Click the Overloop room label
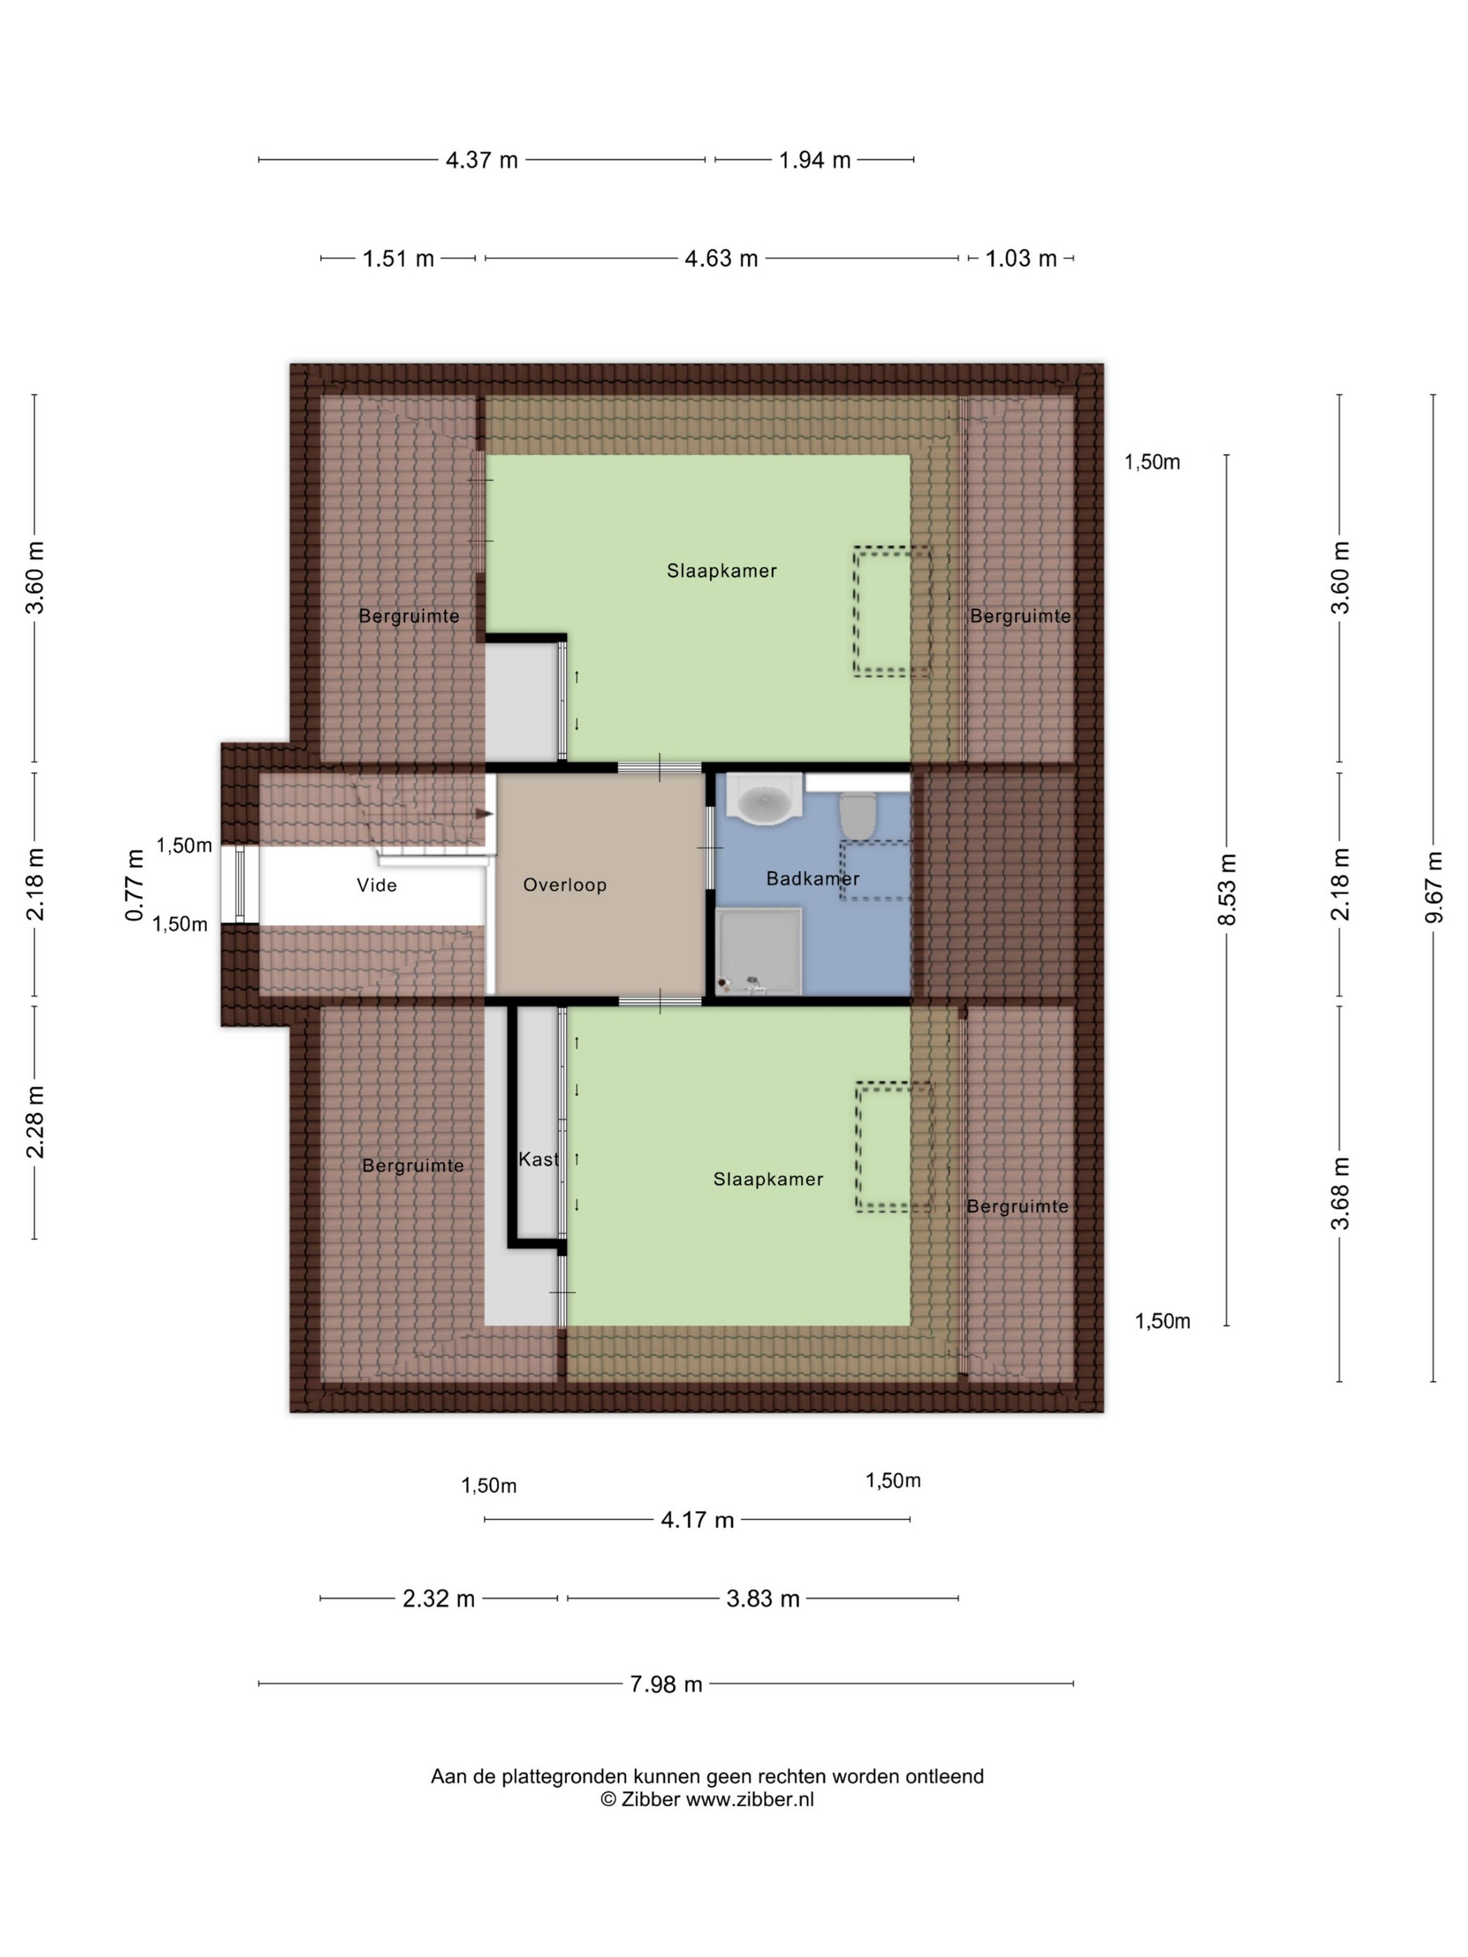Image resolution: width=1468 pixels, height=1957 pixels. point(565,885)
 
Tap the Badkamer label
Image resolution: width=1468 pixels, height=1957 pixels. point(813,879)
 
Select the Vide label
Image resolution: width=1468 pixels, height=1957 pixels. point(377,885)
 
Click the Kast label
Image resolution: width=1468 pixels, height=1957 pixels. point(539,1159)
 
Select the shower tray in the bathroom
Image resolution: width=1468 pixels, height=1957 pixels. point(759,951)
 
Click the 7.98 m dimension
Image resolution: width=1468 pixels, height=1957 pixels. point(665,1684)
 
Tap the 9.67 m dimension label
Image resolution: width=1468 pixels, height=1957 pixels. point(1434,888)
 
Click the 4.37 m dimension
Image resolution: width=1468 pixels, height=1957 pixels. point(482,160)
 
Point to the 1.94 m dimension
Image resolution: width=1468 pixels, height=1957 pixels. point(814,160)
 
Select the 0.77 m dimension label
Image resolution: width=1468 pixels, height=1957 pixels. point(134,885)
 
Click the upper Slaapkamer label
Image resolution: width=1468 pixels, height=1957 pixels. point(722,570)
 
